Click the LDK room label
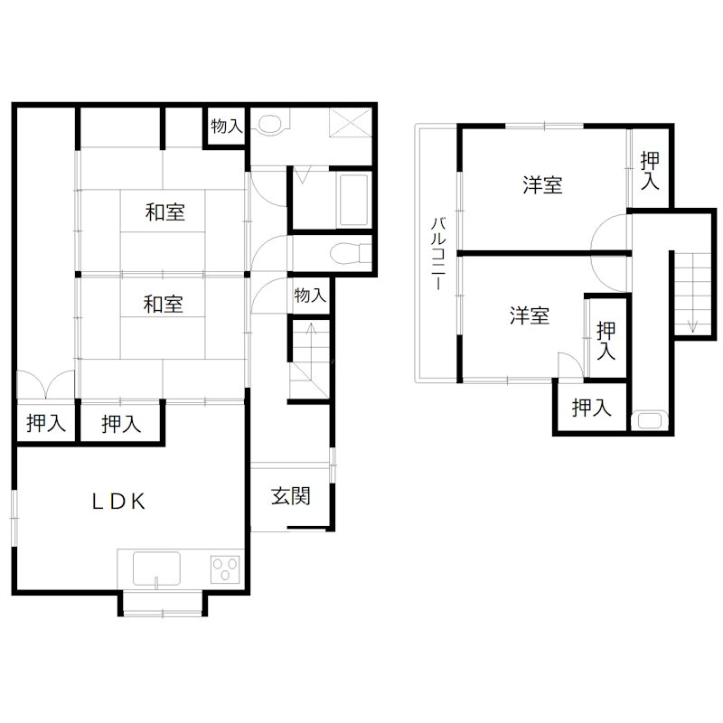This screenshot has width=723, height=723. pos(118,502)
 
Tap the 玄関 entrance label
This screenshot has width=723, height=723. pos(291,496)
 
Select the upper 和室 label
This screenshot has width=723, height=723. pos(165,213)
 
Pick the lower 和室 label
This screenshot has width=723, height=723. pos(164,305)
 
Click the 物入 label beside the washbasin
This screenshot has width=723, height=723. pos(226,127)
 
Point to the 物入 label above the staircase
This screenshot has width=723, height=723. pos(309,296)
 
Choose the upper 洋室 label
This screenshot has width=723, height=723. pos(542,185)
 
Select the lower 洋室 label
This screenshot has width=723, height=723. pos(530,316)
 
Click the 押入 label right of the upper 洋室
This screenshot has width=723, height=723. pos(649,171)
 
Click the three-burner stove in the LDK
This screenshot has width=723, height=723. pos(225,569)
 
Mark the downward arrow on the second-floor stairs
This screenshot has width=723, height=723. pos(692,307)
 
